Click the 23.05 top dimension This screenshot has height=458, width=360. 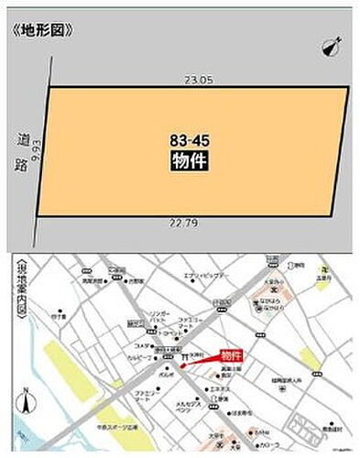tap(198, 81)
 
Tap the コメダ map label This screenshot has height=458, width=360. tap(142, 345)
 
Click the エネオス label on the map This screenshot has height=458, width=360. tap(220, 389)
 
